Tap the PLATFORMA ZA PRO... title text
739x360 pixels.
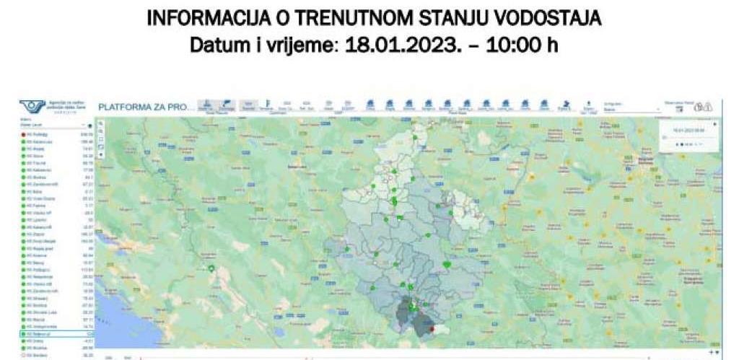click(x=146, y=107)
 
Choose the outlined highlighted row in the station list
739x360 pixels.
click(x=58, y=334)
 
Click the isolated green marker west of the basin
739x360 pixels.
click(x=211, y=268)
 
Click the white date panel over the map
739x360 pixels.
click(x=688, y=136)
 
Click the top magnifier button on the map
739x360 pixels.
click(x=100, y=124)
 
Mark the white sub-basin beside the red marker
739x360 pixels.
click(x=442, y=330)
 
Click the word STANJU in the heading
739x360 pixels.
click(x=437, y=17)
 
